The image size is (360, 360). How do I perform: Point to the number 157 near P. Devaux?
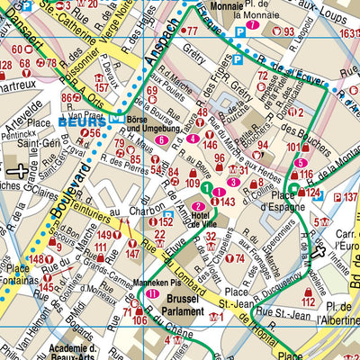click(103, 87)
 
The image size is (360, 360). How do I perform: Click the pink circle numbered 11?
click(153, 293)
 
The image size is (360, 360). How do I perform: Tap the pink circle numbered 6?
click(160, 139)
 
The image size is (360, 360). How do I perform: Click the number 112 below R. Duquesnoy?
click(309, 293)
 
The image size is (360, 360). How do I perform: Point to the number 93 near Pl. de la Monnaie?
click(288, 32)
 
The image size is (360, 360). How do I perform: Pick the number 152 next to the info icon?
click(166, 221)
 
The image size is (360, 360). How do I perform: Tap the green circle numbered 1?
click(205, 188)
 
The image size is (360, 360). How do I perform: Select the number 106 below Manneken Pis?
click(139, 320)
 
